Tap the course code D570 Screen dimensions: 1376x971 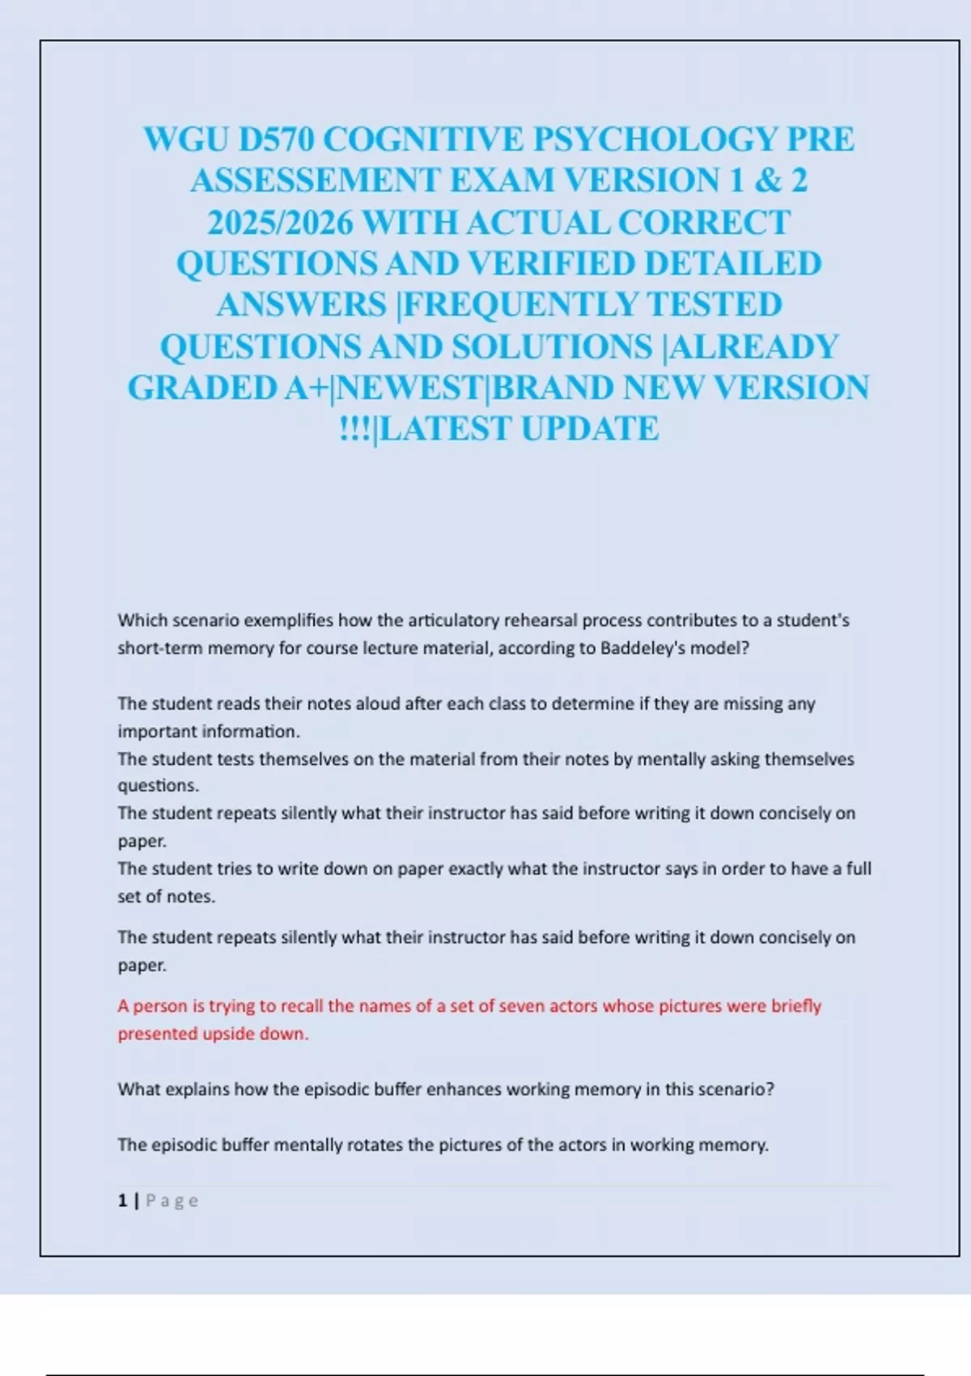[x=275, y=139]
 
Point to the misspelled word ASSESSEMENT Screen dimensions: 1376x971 [x=315, y=180]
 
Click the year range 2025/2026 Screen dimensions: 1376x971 [x=280, y=223]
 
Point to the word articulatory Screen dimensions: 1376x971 [x=453, y=621]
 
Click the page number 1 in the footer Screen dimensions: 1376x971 [x=122, y=1200]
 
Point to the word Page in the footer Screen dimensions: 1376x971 [x=172, y=1200]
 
